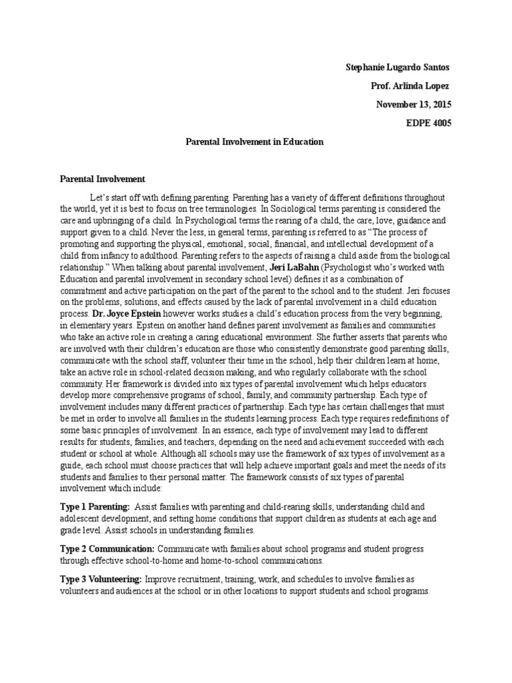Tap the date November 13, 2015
click(413, 105)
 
